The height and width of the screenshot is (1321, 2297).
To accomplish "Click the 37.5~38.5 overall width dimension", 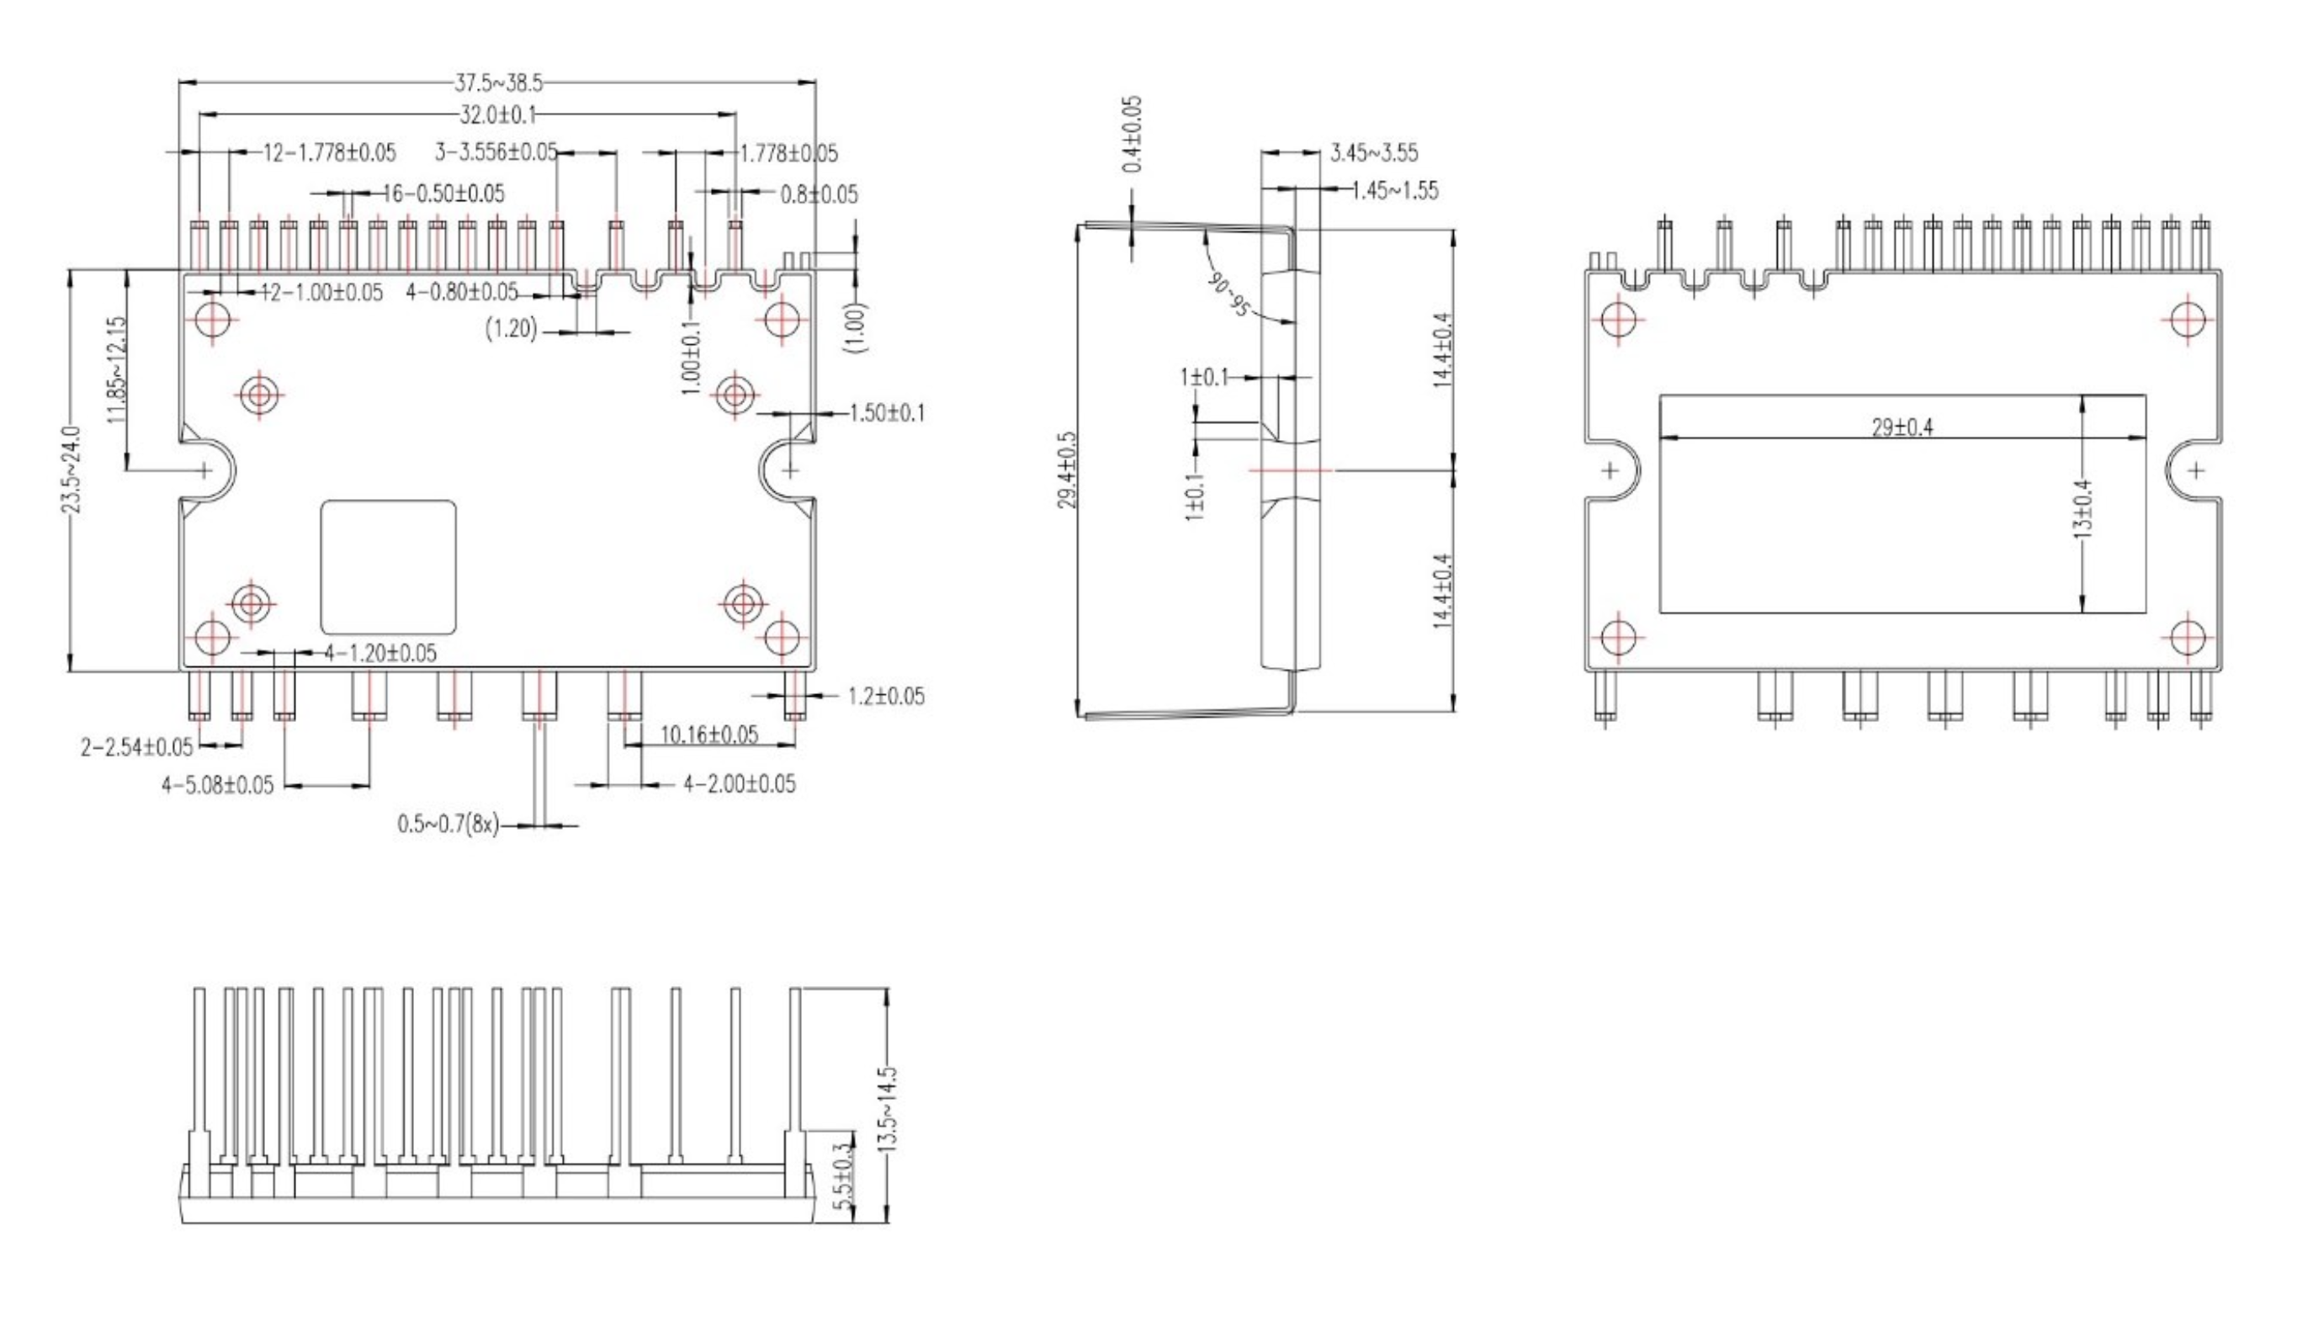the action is coord(498,83).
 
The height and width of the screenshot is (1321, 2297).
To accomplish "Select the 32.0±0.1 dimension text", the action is coord(498,114).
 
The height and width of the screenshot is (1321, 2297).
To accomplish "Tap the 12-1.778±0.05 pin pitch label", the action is coord(329,152).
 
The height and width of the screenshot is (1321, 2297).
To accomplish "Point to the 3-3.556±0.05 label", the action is coord(496,151).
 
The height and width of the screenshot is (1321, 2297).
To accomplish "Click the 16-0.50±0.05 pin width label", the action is coord(443,194).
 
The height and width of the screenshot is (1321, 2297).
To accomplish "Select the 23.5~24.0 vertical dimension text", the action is coord(72,470).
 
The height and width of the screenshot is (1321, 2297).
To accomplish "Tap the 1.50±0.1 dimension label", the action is coord(887,413).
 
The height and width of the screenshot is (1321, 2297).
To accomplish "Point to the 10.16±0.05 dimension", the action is coord(708,734).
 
